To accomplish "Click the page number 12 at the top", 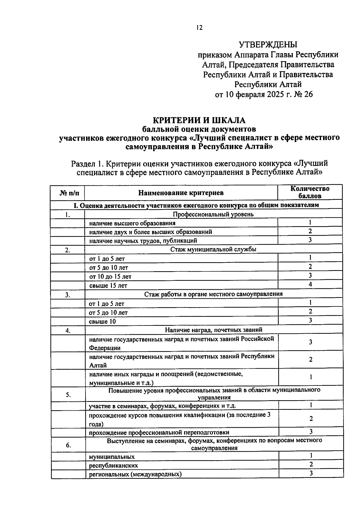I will tap(199, 28).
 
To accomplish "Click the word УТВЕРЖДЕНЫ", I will tap(268, 45).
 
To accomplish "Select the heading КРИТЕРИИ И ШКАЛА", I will tap(199, 120).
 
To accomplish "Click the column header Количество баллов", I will tap(310, 192).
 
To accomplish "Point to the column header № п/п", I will tap(67, 193).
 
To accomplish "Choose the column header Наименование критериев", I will tap(181, 193).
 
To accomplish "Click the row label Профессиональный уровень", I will tap(213, 214).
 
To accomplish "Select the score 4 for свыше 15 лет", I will tap(310, 284).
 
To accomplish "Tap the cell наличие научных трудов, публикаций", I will tap(143, 241).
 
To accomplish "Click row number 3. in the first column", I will tap(68, 295).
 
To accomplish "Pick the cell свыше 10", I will tap(102, 322).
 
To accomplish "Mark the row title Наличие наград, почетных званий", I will tap(214, 330).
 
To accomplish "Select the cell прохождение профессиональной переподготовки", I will tap(159, 433).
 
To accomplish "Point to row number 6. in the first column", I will tap(68, 445).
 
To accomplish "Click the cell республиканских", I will tap(113, 466).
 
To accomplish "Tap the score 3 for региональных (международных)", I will tap(311, 473).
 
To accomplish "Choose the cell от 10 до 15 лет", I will tap(110, 277).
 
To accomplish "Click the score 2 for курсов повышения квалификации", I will tap(311, 419).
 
